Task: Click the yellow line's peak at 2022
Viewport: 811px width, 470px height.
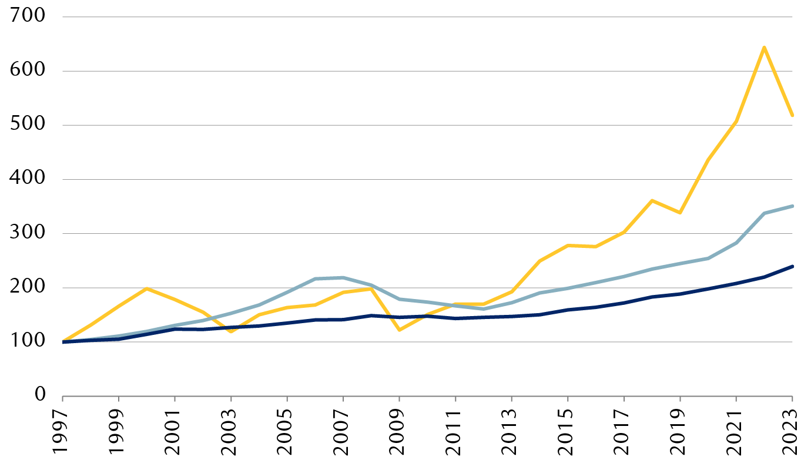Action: [764, 47]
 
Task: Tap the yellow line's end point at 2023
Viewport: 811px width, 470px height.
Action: [792, 116]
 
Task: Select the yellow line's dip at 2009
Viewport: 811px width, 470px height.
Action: [399, 330]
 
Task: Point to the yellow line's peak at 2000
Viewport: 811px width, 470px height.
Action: [146, 288]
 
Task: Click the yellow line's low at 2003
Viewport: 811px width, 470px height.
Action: [231, 332]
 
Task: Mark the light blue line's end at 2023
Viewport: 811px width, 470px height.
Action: [792, 206]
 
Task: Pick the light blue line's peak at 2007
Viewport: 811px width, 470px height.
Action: [343, 277]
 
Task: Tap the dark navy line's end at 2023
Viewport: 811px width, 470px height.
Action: [792, 266]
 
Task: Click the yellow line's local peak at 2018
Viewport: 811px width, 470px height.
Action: [652, 200]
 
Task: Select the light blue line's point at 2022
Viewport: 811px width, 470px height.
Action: [764, 213]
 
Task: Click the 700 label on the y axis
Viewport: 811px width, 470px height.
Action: [28, 16]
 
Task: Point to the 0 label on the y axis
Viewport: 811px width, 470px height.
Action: [39, 395]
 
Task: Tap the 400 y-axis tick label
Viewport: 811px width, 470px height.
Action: [28, 179]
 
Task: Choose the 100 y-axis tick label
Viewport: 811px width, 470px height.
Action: [28, 341]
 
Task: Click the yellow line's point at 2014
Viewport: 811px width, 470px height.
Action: [539, 261]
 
